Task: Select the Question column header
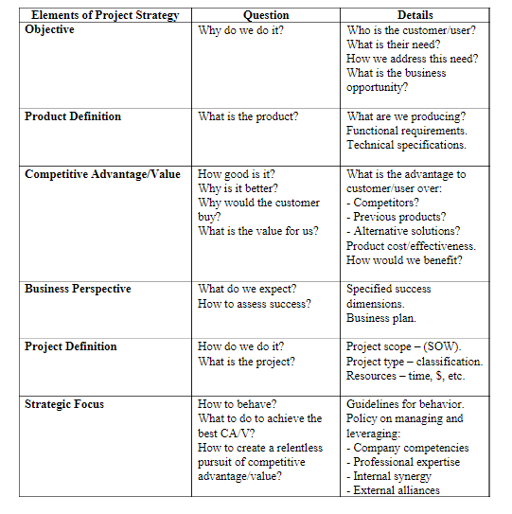(266, 15)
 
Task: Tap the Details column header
(415, 15)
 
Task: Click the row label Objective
(50, 30)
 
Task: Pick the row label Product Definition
(73, 116)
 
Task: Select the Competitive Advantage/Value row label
(102, 174)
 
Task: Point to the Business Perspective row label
(78, 289)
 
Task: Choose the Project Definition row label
(71, 346)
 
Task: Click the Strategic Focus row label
(64, 404)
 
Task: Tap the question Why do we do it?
(240, 30)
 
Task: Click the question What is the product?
(248, 116)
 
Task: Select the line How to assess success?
(254, 304)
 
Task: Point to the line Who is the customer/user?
(412, 30)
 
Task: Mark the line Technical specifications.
(406, 145)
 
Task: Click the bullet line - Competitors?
(383, 203)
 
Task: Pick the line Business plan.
(380, 318)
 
